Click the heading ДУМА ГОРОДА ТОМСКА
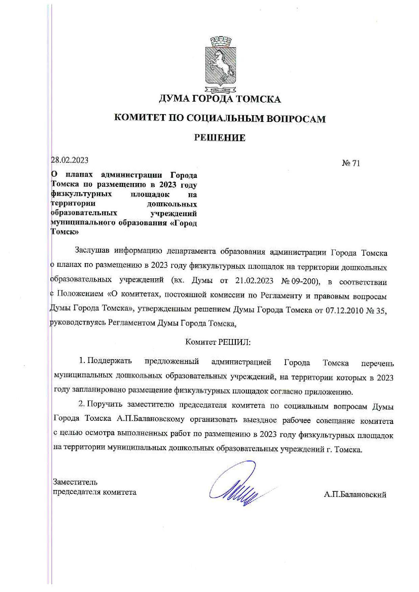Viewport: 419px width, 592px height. point(220,99)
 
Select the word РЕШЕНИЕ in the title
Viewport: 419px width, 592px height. point(220,138)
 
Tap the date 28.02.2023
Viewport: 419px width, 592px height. point(70,160)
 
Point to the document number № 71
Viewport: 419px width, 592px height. point(351,163)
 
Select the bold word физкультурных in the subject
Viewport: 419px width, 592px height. point(81,194)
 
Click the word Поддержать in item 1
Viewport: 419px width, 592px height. point(109,361)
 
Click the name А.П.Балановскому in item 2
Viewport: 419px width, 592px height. point(151,419)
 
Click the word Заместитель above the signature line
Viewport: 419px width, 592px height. point(75,482)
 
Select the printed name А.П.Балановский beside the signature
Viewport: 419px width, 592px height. point(355,495)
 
